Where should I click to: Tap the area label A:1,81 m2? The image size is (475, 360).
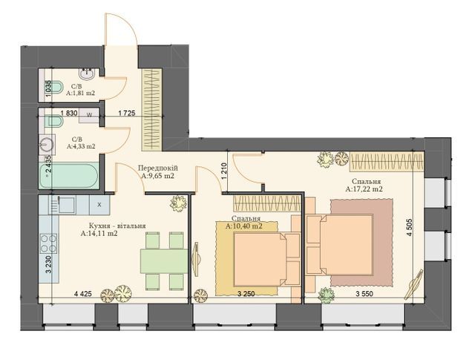pos(79,94)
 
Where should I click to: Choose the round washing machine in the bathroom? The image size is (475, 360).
pos(48,147)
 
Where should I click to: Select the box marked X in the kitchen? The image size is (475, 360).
pos(99,203)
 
